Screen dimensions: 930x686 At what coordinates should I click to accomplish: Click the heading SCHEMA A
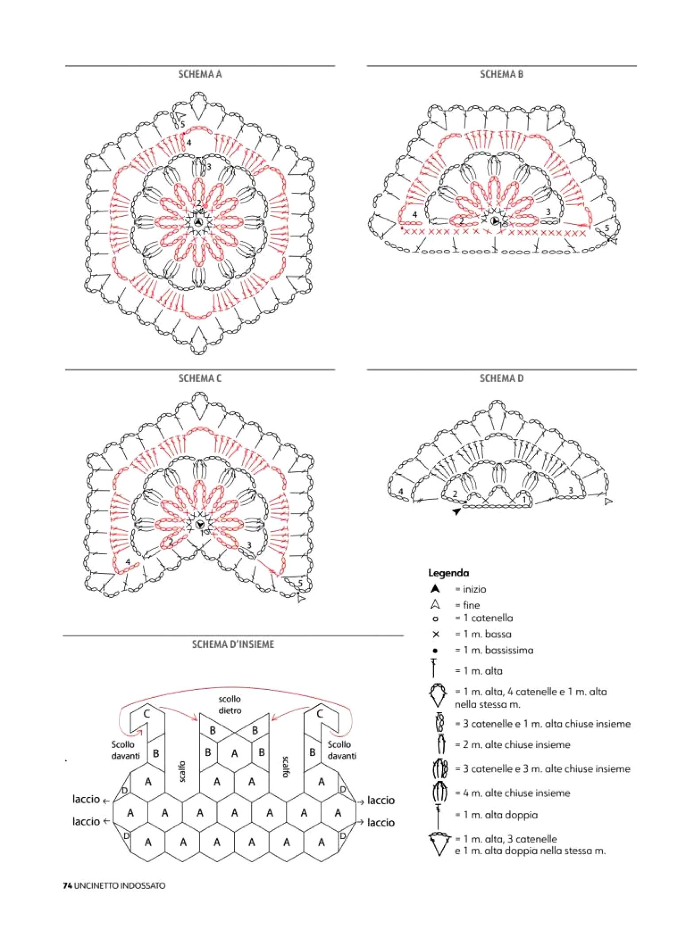pyautogui.click(x=200, y=74)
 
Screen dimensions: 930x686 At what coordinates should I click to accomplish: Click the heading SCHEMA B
pyautogui.click(x=501, y=74)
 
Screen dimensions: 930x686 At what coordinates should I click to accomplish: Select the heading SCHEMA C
pyautogui.click(x=200, y=378)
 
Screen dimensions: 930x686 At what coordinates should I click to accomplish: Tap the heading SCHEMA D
pyautogui.click(x=501, y=378)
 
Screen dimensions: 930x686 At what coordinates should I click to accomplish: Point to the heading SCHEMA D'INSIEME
pyautogui.click(x=233, y=644)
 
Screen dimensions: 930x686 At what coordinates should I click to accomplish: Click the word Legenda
pyautogui.click(x=448, y=573)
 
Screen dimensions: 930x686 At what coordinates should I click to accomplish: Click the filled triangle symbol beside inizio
pyautogui.click(x=435, y=589)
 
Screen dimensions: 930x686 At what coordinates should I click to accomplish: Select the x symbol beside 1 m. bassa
pyautogui.click(x=435, y=634)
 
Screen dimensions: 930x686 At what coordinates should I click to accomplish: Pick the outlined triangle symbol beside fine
pyautogui.click(x=435, y=605)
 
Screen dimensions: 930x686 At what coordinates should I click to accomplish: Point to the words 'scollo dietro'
pyautogui.click(x=230, y=705)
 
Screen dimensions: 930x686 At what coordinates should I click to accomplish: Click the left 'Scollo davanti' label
pyautogui.click(x=125, y=750)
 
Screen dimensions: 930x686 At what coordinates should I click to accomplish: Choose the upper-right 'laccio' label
pyautogui.click(x=381, y=800)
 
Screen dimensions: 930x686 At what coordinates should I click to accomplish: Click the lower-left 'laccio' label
pyautogui.click(x=86, y=821)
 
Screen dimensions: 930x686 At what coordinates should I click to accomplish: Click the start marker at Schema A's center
pyautogui.click(x=198, y=222)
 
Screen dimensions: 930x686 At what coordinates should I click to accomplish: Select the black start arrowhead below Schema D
pyautogui.click(x=456, y=511)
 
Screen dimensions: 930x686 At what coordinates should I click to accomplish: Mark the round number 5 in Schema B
pyautogui.click(x=607, y=228)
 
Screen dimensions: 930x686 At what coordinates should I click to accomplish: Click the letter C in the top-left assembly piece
pyautogui.click(x=146, y=714)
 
